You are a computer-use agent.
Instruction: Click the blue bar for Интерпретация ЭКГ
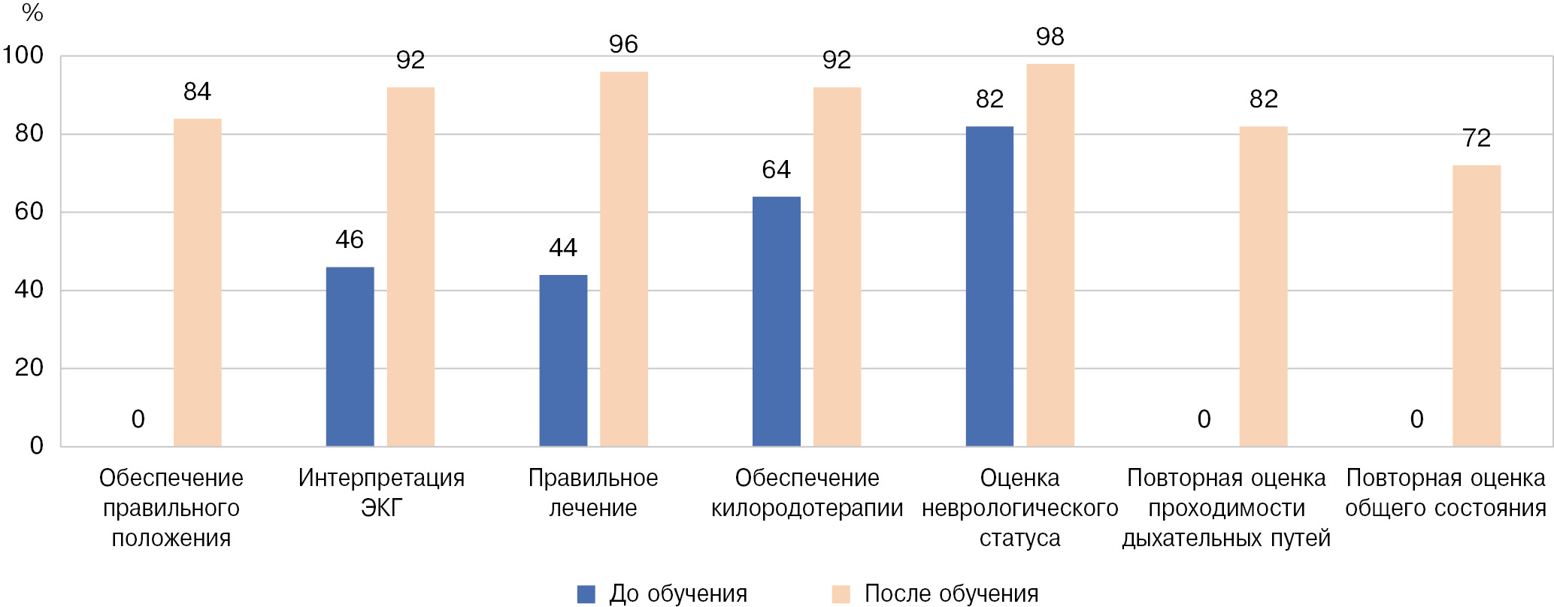(x=350, y=357)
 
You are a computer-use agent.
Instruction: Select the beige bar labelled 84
(x=197, y=282)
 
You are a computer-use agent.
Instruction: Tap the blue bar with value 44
(x=563, y=361)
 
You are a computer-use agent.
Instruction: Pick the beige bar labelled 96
(x=624, y=259)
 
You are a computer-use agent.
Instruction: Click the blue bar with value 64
(x=776, y=322)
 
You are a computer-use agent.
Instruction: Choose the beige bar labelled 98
(x=1050, y=255)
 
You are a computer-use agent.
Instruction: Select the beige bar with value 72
(x=1477, y=306)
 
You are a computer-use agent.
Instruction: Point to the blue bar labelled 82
(x=989, y=286)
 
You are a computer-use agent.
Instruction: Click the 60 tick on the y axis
(x=29, y=212)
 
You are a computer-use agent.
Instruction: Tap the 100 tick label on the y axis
(x=23, y=56)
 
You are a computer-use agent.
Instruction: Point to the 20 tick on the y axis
(x=29, y=368)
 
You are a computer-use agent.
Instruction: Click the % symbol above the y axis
(x=32, y=13)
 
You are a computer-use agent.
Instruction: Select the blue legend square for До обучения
(x=586, y=594)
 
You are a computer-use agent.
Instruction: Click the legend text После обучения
(x=951, y=593)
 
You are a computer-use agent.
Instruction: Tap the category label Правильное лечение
(x=593, y=493)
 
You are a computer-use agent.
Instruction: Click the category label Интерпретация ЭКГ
(x=381, y=493)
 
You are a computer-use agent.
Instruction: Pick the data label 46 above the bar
(x=350, y=240)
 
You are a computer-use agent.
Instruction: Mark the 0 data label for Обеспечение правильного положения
(x=138, y=419)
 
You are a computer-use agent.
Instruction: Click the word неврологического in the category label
(x=1019, y=509)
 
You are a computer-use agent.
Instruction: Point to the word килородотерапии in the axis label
(x=807, y=509)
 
